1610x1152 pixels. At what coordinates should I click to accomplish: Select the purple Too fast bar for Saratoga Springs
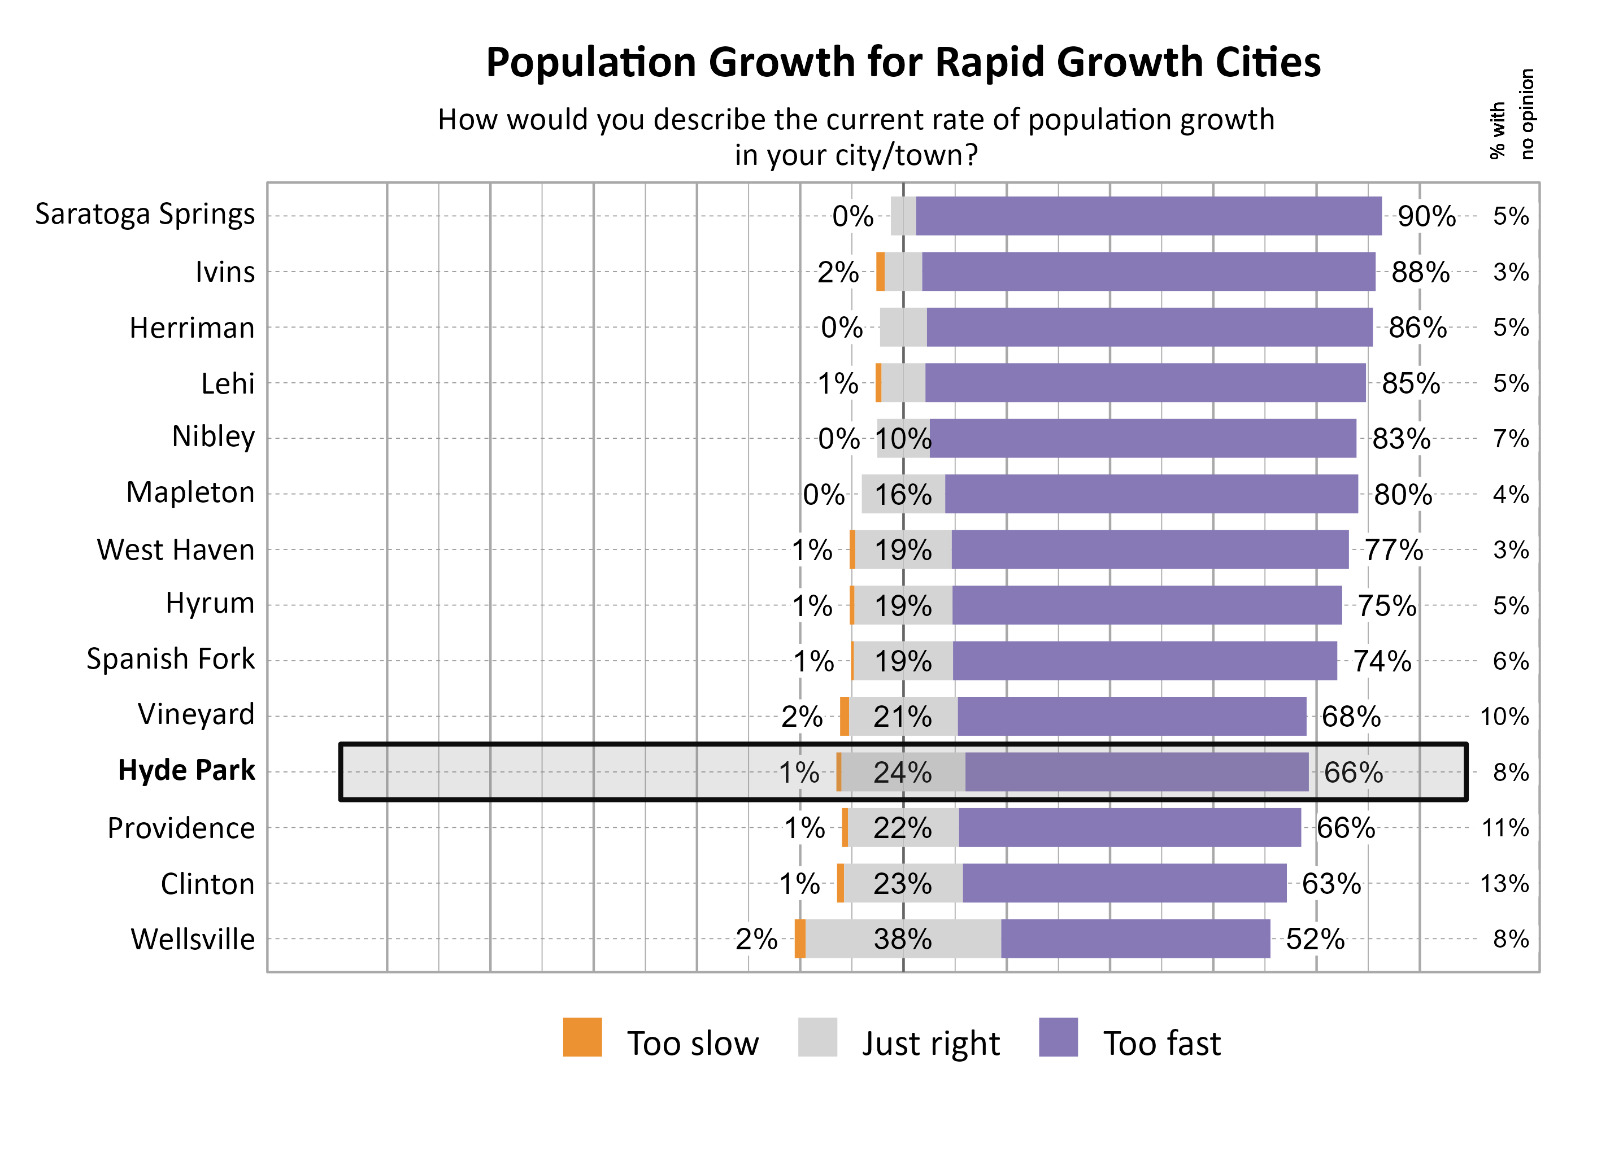1147,216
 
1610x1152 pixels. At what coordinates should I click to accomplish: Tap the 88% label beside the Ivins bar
1419,272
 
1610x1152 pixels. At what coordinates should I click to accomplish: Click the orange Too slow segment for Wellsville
800,939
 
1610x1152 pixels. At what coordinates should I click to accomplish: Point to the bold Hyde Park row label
186,770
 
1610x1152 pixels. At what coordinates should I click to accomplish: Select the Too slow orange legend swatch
582,1037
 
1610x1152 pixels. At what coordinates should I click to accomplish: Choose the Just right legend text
930,1044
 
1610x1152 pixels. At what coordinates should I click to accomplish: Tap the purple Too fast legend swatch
1058,1037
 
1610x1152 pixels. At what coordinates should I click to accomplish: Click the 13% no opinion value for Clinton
1504,884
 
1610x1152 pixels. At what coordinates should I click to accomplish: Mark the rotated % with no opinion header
1511,114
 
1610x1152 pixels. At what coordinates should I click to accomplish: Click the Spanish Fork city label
170,659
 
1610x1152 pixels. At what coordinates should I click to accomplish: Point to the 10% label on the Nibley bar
903,439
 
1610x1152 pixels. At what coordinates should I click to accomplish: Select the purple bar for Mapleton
1150,494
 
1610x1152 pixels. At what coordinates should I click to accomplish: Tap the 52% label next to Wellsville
1314,939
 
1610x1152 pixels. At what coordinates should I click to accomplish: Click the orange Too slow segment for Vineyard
845,717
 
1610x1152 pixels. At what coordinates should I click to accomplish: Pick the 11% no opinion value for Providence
1504,828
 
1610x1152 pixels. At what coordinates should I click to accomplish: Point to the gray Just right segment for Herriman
903,327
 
